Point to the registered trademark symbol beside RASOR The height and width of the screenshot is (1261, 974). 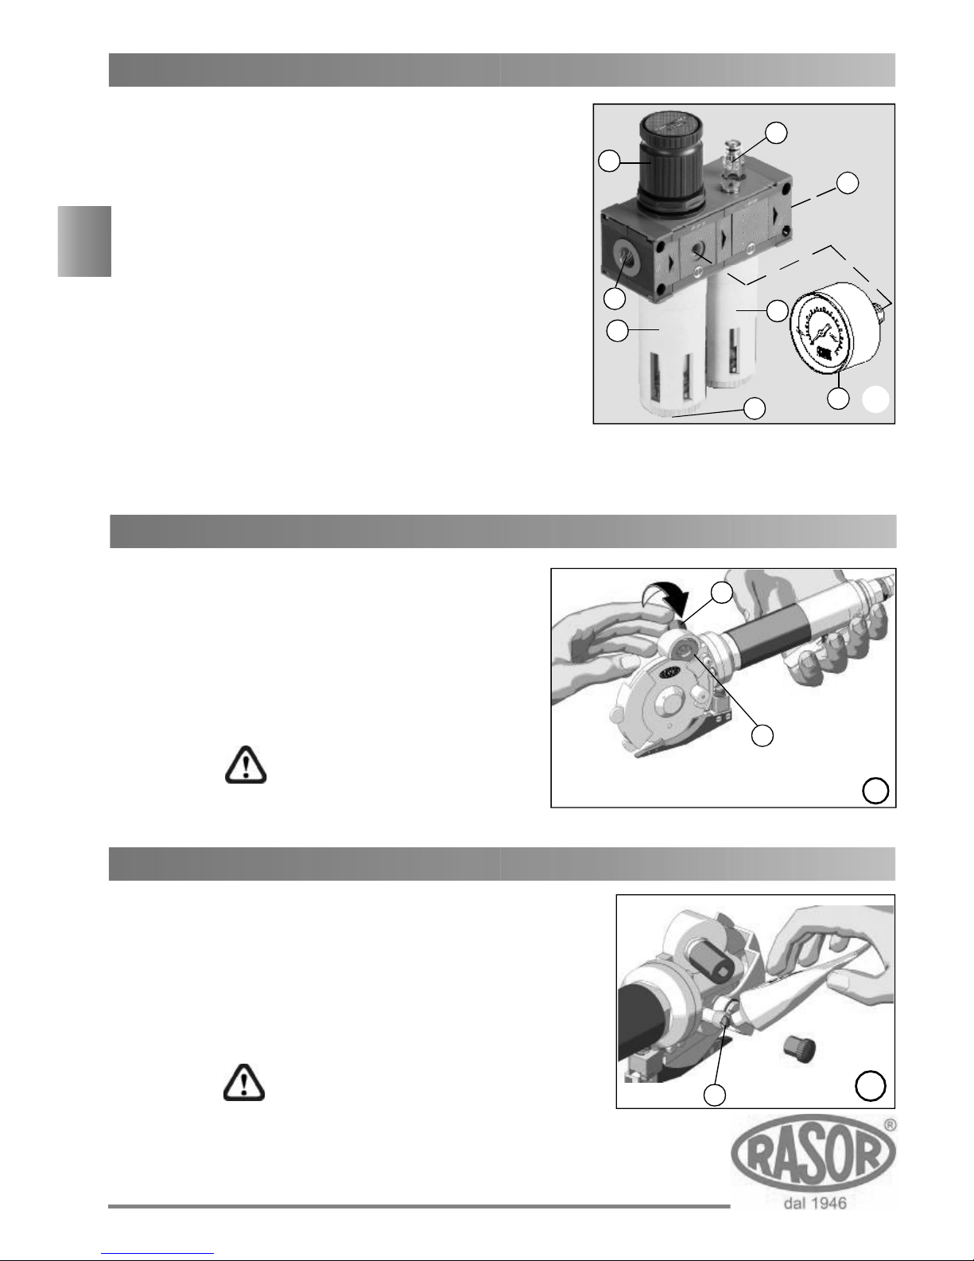coord(890,1125)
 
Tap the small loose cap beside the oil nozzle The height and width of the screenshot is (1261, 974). coord(800,1049)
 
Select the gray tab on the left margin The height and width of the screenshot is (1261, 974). coord(84,241)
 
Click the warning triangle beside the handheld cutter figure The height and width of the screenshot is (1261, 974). coord(246,765)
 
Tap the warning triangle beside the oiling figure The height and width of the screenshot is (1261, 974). coord(245,1083)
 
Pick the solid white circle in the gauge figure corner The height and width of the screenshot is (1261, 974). coord(876,399)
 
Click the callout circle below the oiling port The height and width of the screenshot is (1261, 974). coord(714,1095)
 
